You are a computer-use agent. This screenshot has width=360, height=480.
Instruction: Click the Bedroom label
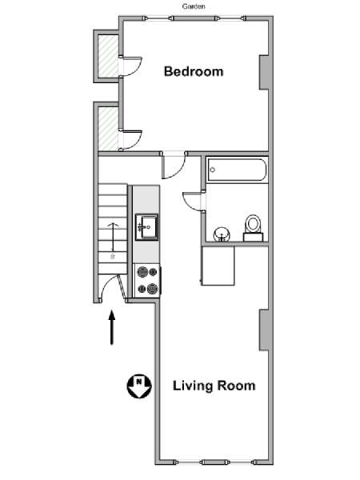194,72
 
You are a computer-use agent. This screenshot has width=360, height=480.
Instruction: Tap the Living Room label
214,386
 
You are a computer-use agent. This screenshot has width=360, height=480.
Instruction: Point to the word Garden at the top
194,6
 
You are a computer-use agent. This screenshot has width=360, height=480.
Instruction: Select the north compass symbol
139,386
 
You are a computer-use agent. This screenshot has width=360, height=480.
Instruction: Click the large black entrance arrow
112,327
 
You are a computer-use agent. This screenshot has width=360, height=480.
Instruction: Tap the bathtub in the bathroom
237,170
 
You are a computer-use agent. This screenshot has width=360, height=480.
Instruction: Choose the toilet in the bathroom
253,228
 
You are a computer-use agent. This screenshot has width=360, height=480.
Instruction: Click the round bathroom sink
222,234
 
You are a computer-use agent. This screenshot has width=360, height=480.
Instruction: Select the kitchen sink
147,227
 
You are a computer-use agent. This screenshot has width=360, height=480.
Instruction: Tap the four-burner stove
147,281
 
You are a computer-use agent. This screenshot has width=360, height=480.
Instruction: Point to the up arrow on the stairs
114,237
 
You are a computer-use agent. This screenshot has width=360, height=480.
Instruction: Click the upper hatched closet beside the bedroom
108,56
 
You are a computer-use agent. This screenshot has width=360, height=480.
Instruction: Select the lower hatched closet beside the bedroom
108,129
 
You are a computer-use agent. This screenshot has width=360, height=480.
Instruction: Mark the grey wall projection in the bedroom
264,73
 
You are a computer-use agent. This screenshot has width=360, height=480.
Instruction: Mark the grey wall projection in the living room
264,330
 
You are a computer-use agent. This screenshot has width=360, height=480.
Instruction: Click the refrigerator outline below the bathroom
218,266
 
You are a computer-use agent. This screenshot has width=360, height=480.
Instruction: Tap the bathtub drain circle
212,170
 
